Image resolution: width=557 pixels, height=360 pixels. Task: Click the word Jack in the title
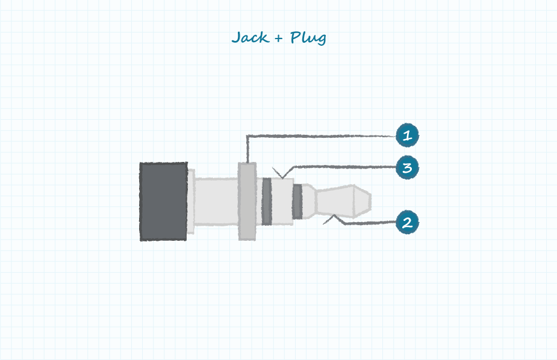coord(250,37)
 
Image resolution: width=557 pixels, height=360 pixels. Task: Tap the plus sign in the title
coord(279,38)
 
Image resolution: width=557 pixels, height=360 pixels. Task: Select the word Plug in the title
coord(308,38)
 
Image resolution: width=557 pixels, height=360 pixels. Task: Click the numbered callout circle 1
coord(407,135)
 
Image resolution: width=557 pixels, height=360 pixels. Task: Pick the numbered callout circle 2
coord(407,222)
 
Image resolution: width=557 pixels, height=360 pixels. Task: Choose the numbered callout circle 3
coord(407,167)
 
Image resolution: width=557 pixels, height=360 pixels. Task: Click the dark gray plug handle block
coord(163,202)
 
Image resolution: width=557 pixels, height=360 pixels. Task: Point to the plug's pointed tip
coord(371,201)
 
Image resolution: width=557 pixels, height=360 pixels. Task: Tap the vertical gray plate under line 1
coord(247,201)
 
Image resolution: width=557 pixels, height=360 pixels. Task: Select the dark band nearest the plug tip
coord(297,201)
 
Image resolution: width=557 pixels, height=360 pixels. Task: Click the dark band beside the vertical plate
coord(267,201)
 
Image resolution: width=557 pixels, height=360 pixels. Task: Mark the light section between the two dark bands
coord(282,201)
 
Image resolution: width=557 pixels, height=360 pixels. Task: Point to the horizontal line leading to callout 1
coord(322,135)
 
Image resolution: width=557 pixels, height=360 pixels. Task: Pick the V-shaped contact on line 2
coord(333,219)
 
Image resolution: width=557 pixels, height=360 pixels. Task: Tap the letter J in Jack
coord(237,37)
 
